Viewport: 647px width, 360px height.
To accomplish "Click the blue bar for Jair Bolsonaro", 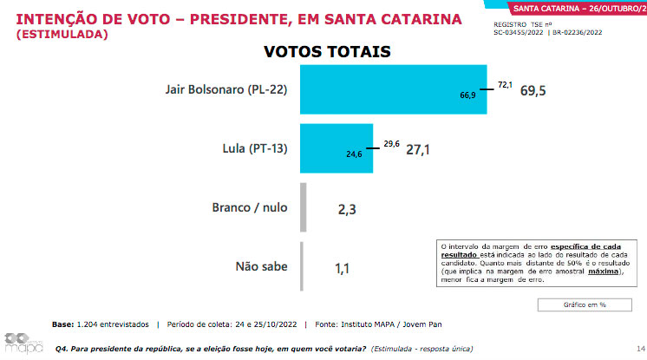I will click(392, 88).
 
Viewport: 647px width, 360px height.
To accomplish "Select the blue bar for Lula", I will click(337, 149).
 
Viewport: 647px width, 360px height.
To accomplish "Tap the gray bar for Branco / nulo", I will click(304, 207).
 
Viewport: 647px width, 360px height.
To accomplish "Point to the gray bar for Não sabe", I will click(302, 267).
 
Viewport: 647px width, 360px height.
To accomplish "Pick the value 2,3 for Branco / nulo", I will click(347, 208).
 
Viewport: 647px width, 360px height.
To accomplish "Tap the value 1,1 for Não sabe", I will click(343, 268).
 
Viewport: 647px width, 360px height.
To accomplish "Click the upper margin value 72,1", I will click(505, 84).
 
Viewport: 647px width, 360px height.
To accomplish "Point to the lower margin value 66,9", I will click(468, 95).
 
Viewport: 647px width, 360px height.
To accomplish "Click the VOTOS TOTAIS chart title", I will click(327, 51).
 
